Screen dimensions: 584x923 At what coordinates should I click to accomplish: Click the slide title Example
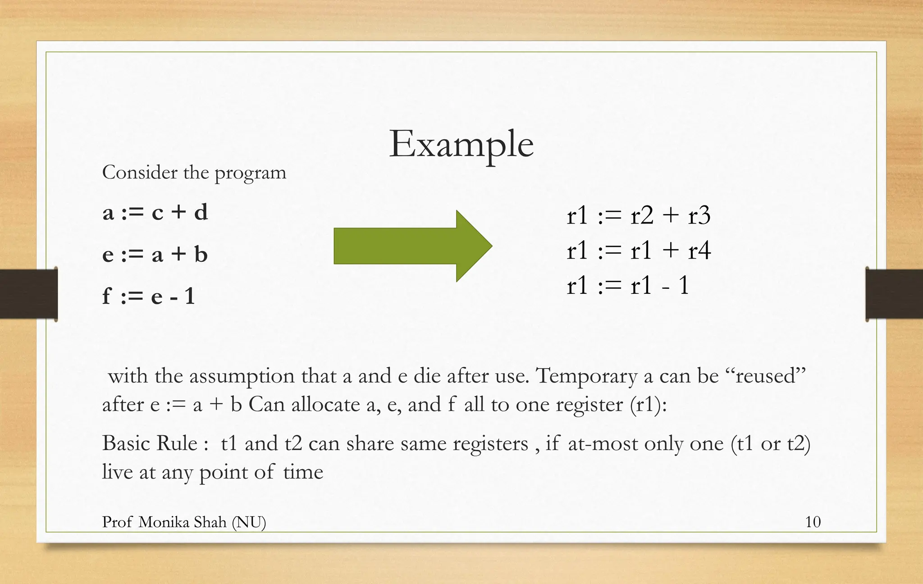click(461, 144)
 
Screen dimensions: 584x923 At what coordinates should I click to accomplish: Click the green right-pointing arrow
click(412, 246)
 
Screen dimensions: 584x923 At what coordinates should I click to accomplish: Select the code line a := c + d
click(155, 212)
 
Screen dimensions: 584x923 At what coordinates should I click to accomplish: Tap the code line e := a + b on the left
click(155, 255)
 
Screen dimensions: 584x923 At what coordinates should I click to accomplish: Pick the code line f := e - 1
click(148, 296)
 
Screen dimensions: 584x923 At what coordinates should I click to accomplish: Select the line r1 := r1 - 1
click(628, 285)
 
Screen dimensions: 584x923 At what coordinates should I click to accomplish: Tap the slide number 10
click(813, 522)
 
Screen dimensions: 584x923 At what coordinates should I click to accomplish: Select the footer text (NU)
click(249, 522)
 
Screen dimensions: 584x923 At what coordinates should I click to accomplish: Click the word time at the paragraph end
click(303, 472)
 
